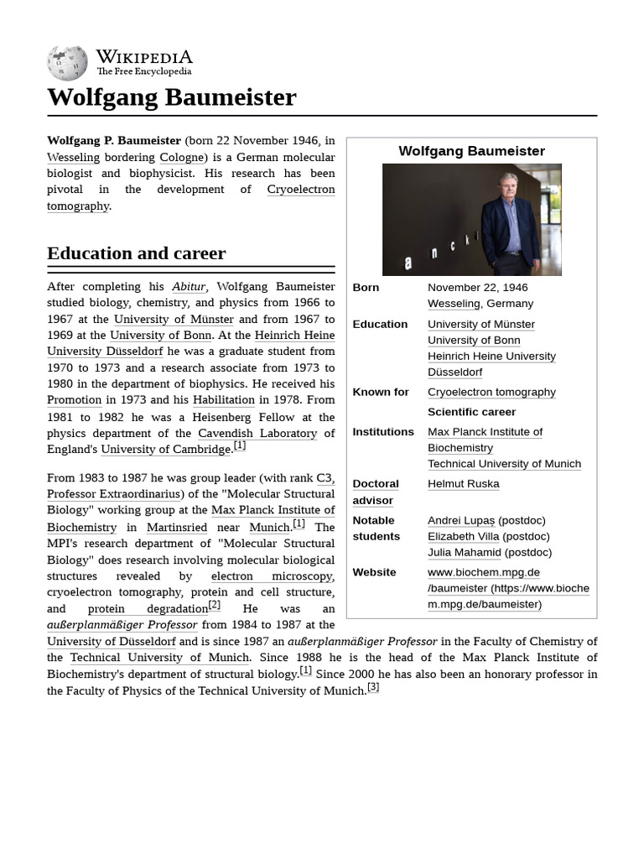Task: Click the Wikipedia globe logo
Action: pyautogui.click(x=67, y=62)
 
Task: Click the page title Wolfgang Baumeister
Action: pyautogui.click(x=172, y=97)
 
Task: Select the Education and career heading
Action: pyautogui.click(x=136, y=253)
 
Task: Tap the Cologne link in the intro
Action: pyautogui.click(x=181, y=157)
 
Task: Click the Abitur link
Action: pyautogui.click(x=189, y=287)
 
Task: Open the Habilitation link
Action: pyautogui.click(x=223, y=400)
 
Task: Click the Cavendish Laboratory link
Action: pyautogui.click(x=257, y=433)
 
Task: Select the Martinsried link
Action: pyautogui.click(x=176, y=527)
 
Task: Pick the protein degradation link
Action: pyautogui.click(x=148, y=608)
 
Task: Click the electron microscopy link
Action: pyautogui.click(x=272, y=575)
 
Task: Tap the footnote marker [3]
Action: pyautogui.click(x=373, y=687)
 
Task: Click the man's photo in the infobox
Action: pyautogui.click(x=471, y=220)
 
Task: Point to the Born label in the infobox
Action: pyautogui.click(x=366, y=287)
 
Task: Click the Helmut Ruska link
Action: pyautogui.click(x=463, y=483)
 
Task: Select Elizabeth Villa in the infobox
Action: pyautogui.click(x=463, y=536)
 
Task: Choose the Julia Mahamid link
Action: pyautogui.click(x=463, y=552)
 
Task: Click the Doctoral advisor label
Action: pyautogui.click(x=374, y=492)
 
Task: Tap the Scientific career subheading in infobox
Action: pyautogui.click(x=471, y=412)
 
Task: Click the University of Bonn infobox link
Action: pyautogui.click(x=474, y=340)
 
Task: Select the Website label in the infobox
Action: pyautogui.click(x=374, y=572)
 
